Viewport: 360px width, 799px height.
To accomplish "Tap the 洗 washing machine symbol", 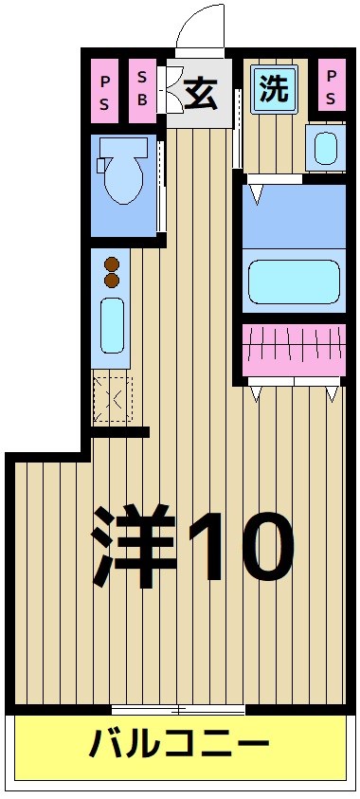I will pyautogui.click(x=274, y=90).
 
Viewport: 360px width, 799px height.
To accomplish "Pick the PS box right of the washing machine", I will pyautogui.click(x=331, y=86).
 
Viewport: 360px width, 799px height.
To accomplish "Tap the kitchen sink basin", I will pyautogui.click(x=112, y=325).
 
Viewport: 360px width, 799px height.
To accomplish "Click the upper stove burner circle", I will pyautogui.click(x=111, y=264).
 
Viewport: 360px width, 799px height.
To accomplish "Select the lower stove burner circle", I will pyautogui.click(x=111, y=281).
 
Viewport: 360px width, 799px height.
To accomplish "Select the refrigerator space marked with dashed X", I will pyautogui.click(x=113, y=398).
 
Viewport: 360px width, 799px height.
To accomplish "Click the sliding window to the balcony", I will pyautogui.click(x=178, y=709).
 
